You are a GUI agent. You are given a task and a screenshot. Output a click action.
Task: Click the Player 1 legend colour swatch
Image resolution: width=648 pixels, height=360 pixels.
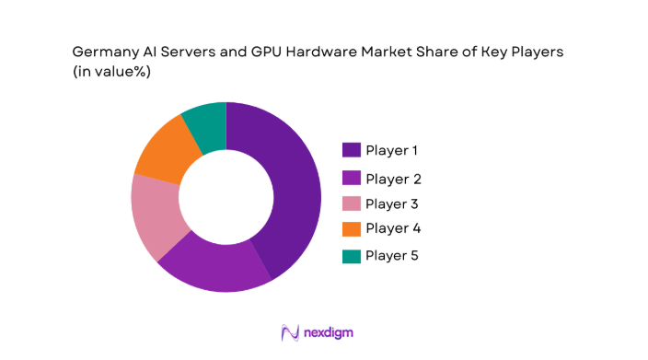pos(352,150)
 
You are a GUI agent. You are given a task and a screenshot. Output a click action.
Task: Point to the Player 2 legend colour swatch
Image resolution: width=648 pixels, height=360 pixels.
pos(352,178)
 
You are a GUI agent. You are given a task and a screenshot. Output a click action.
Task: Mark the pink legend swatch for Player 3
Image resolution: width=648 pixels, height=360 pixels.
pos(352,203)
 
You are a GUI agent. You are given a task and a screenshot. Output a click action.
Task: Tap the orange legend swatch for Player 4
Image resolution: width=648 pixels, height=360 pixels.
pos(352,227)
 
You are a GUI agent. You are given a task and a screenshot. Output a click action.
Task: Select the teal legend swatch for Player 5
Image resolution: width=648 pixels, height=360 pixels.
pos(352,255)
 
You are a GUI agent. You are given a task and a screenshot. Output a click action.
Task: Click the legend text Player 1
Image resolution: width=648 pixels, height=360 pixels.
pos(393,150)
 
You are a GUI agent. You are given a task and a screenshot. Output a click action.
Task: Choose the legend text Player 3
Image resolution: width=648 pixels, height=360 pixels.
pos(393,203)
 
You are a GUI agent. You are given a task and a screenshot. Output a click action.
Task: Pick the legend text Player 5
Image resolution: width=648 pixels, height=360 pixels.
pos(393,255)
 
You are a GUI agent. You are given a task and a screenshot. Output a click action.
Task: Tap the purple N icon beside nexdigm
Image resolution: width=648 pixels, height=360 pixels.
pos(291,332)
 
